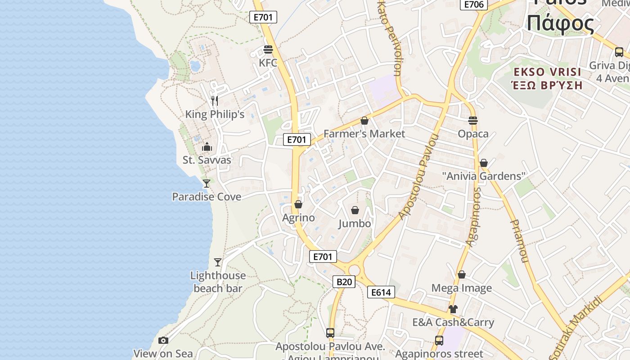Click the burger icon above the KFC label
click(268, 49)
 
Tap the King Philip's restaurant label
click(215, 114)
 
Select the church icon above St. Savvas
click(207, 147)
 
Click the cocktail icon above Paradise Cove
click(207, 183)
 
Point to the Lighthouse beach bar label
click(218, 282)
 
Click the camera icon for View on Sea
click(163, 340)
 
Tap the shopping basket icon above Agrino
click(298, 205)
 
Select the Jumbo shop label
click(355, 224)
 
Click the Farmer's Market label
click(364, 134)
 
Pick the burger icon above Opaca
click(473, 121)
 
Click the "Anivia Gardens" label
click(484, 176)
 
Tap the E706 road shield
click(473, 4)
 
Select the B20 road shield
click(344, 282)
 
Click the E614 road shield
click(381, 292)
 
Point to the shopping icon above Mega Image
click(462, 274)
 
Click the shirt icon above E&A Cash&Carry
click(453, 309)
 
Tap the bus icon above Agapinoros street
click(439, 341)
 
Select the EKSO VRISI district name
click(547, 72)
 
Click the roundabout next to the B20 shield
click(354, 270)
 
